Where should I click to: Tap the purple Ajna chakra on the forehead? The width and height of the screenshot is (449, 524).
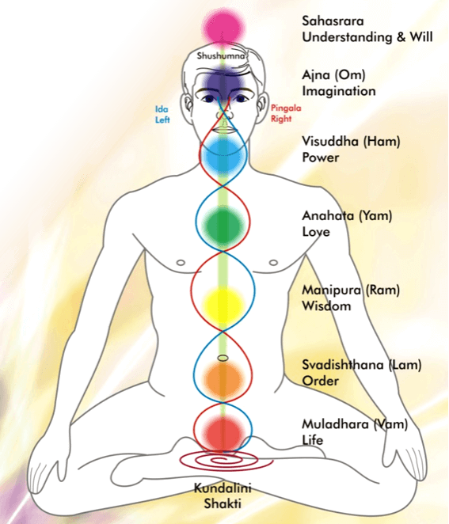pyautogui.click(x=223, y=82)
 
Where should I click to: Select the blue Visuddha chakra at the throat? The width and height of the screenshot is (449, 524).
pyautogui.click(x=223, y=155)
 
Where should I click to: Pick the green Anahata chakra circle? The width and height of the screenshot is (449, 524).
pyautogui.click(x=223, y=226)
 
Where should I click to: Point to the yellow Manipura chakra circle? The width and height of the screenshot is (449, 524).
pyautogui.click(x=223, y=304)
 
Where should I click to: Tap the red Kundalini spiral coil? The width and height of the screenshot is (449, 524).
pyautogui.click(x=226, y=461)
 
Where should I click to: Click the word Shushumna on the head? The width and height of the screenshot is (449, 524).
pyautogui.click(x=221, y=55)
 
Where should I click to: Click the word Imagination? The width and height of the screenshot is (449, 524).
pyautogui.click(x=339, y=92)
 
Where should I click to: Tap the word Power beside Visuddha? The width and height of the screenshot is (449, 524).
pyautogui.click(x=320, y=158)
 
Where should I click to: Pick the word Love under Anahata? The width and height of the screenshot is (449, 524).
pyautogui.click(x=316, y=232)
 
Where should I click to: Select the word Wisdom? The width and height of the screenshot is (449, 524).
pyautogui.click(x=326, y=306)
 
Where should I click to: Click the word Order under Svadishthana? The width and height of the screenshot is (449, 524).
pyautogui.click(x=320, y=381)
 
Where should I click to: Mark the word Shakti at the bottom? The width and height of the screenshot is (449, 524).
pyautogui.click(x=223, y=503)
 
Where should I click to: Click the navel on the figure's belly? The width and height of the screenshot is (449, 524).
pyautogui.click(x=223, y=359)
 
